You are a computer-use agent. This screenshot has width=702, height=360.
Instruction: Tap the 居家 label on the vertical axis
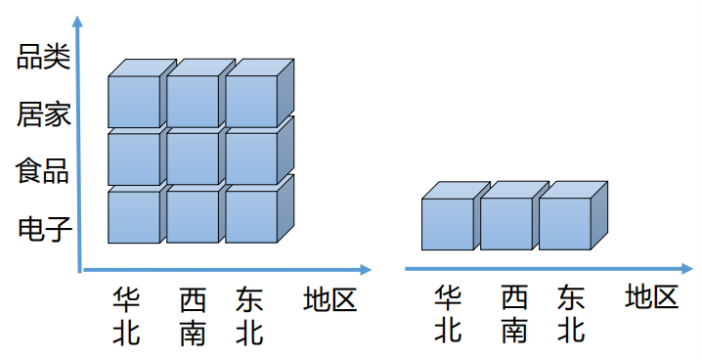[x=43, y=115]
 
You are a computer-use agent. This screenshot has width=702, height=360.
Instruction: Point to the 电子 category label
[x=43, y=231]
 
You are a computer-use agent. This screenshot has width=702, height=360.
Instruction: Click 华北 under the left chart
[x=126, y=315]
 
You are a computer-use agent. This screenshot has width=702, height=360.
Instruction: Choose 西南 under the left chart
[x=193, y=315]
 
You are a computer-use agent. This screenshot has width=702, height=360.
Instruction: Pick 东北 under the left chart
[x=249, y=315]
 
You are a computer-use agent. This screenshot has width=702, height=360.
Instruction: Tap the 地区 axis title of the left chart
[x=330, y=297]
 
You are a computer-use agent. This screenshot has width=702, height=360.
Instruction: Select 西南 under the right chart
[x=514, y=313]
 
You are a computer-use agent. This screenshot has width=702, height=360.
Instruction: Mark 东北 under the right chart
[x=571, y=313]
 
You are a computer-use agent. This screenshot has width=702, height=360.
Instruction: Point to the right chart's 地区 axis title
[x=652, y=295]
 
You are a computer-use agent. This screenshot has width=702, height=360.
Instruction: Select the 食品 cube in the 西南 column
[x=193, y=158]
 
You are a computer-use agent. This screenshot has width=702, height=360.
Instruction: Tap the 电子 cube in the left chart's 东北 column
[x=252, y=216]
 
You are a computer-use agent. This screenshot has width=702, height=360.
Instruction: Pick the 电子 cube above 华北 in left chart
[x=134, y=216]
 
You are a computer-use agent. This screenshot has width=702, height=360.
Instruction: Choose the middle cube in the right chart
[x=506, y=223]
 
